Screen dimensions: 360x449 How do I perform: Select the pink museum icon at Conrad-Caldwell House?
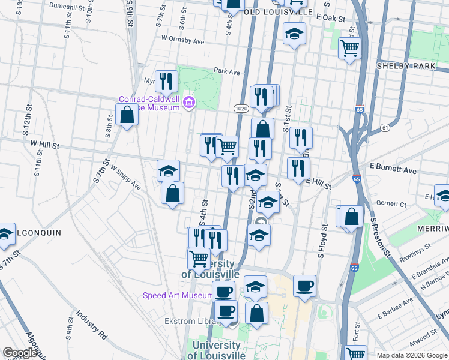point(190,103)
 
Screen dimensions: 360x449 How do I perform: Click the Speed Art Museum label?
point(176,295)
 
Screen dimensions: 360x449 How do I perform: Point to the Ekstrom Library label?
point(188,321)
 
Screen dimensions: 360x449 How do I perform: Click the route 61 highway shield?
point(385,128)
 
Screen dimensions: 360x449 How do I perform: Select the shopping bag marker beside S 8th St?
point(127,114)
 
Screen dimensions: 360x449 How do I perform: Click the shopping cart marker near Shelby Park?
point(349,47)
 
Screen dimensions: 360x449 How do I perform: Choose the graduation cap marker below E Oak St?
point(294,34)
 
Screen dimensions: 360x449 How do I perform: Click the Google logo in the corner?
point(20,353)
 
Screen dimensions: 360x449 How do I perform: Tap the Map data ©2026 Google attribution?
point(412,355)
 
